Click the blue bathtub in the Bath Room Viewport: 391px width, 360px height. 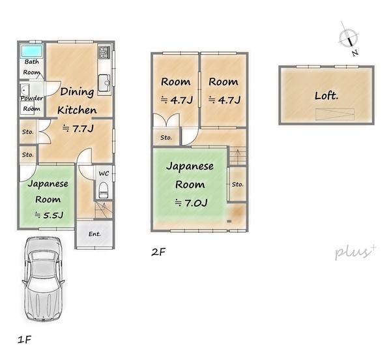tap(31, 51)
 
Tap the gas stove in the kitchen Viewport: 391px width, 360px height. tap(104, 52)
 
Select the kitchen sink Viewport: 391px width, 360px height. tap(104, 83)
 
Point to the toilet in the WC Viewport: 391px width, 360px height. tap(103, 190)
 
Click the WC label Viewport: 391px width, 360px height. tap(104, 173)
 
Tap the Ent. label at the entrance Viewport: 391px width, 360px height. tap(94, 234)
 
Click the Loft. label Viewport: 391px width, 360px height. tap(326, 96)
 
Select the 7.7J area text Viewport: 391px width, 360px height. tap(78, 128)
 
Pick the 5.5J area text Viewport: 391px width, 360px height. tap(49, 215)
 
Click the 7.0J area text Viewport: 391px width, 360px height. tap(191, 203)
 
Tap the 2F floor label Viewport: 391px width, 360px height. tap(158, 252)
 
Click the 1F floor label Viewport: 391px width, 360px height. tap(25, 340)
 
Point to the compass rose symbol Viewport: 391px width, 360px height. tap(349, 38)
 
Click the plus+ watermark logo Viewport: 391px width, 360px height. tap(355, 252)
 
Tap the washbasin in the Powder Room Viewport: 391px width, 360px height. tap(25, 89)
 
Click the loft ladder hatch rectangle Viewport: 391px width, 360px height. tap(335, 115)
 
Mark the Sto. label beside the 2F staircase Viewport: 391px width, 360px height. tap(238, 185)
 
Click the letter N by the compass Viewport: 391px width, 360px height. tap(355, 53)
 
